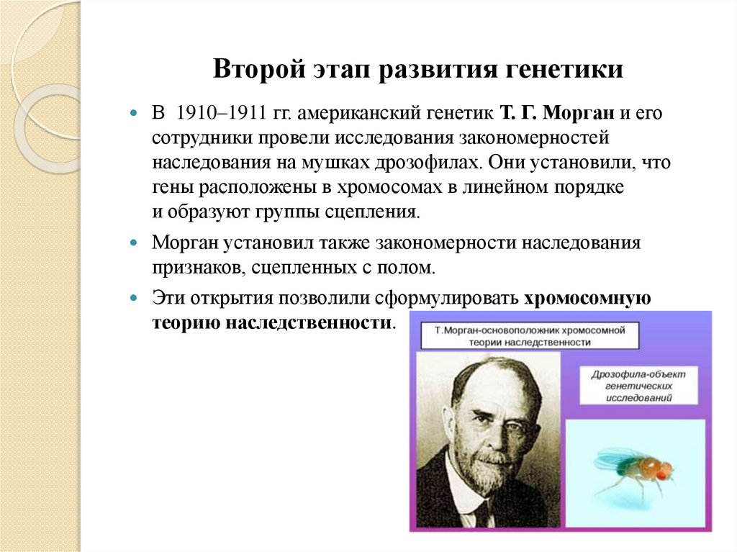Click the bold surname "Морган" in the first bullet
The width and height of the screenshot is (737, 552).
coord(580,113)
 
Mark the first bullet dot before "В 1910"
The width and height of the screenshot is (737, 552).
coord(134,114)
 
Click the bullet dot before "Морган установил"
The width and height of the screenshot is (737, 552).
coord(134,243)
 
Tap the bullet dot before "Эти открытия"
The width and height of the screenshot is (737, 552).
coord(134,298)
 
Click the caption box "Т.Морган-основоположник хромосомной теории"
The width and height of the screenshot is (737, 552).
coord(528,335)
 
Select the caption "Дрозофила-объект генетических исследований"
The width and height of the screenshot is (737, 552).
coord(638,386)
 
